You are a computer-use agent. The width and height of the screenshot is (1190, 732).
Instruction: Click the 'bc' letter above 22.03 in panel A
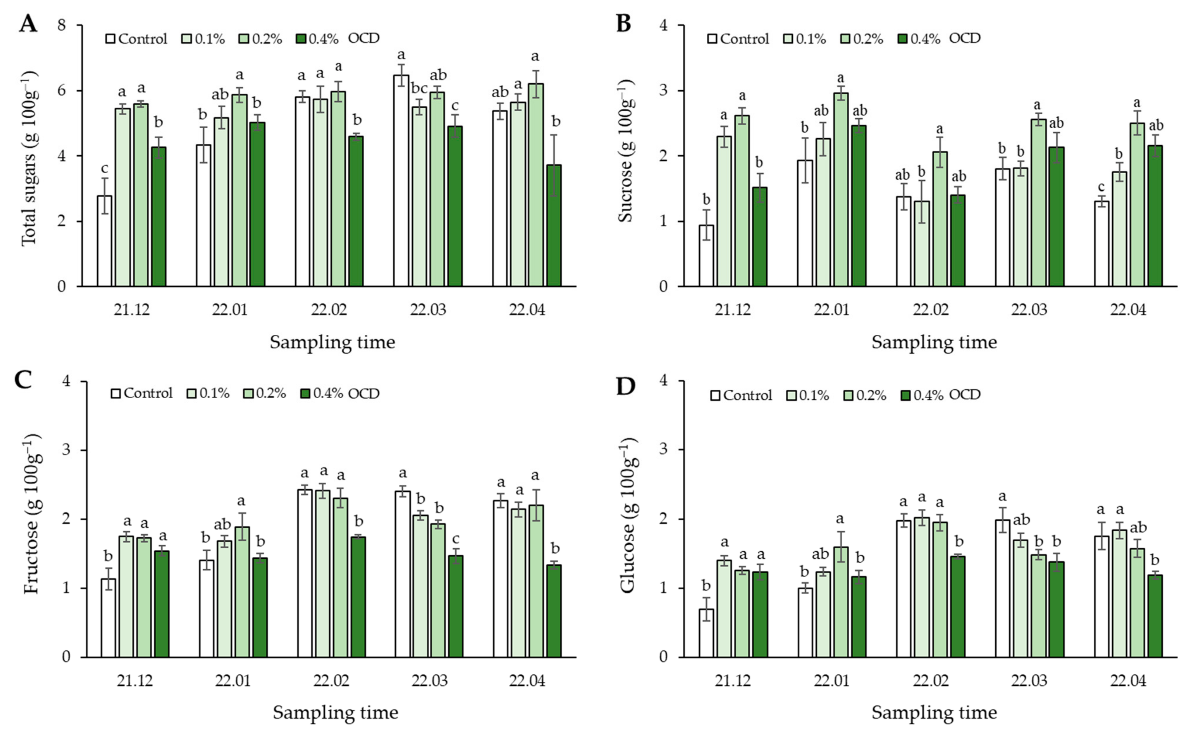point(419,89)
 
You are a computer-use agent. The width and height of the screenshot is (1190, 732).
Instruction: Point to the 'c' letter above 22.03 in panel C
point(455,539)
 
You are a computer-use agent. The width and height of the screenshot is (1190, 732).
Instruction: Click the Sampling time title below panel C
point(335,712)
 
